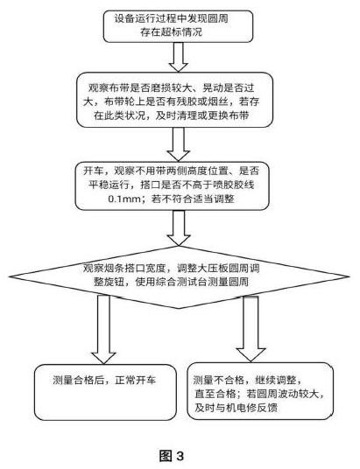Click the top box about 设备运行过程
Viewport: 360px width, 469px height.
coord(178,26)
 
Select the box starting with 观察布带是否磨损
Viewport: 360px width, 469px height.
coord(174,100)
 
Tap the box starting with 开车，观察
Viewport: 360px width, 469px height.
coord(173,185)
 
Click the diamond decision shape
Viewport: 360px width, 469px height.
coord(179,277)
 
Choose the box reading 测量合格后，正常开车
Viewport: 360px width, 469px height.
coord(105,392)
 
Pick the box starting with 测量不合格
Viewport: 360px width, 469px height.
coord(260,391)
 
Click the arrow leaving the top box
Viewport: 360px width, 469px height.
coord(179,57)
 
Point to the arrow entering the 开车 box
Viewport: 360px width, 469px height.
coord(179,144)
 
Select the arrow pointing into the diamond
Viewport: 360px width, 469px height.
coord(179,227)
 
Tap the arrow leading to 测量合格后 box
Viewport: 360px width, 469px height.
coord(103,329)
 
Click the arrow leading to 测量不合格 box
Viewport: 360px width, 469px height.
coord(251,328)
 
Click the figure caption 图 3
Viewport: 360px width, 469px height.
coord(172,456)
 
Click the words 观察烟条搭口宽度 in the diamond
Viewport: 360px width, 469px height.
coord(124,269)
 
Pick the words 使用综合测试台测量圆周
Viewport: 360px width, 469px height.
coord(192,282)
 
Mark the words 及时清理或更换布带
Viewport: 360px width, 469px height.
coord(202,115)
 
